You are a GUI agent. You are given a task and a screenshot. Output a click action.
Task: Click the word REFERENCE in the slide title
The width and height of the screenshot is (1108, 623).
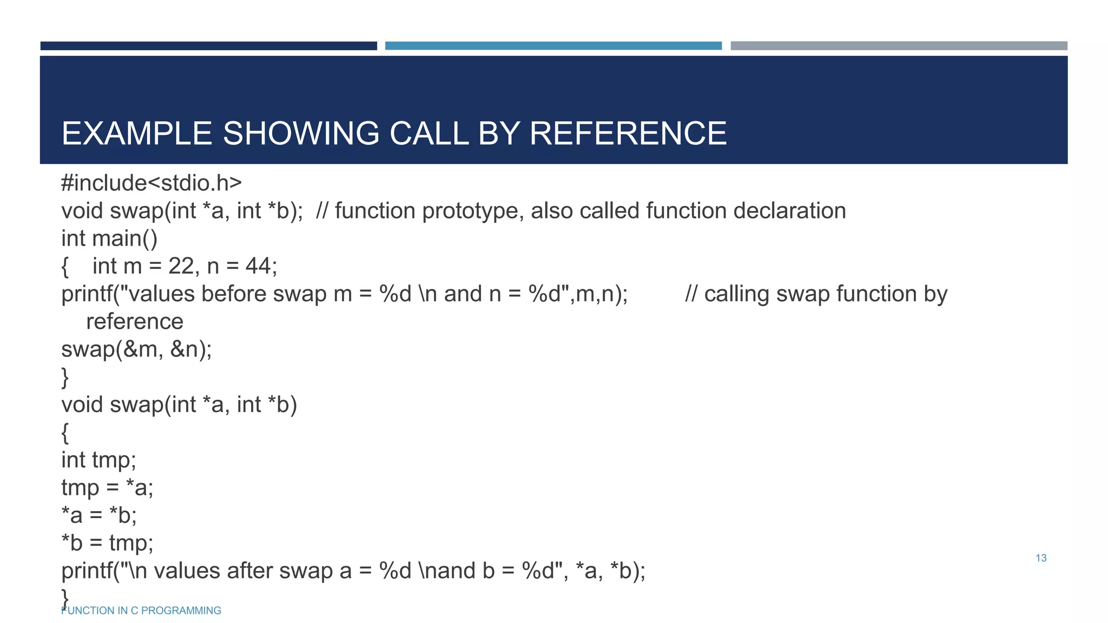tap(628, 133)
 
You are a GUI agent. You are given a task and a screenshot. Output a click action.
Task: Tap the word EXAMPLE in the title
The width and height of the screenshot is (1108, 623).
tap(136, 133)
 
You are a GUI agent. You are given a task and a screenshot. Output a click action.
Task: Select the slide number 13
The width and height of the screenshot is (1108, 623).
tap(1041, 558)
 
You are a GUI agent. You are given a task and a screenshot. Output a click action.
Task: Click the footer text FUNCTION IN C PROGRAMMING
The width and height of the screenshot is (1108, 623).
tap(141, 611)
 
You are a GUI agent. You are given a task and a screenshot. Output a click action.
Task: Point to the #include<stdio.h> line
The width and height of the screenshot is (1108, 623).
tap(151, 183)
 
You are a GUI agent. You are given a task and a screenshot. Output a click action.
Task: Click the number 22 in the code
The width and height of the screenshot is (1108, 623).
tap(181, 266)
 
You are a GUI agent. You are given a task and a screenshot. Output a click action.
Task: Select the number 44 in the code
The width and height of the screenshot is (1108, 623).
tap(258, 266)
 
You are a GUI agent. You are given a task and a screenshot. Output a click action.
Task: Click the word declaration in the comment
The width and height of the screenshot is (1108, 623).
tap(789, 211)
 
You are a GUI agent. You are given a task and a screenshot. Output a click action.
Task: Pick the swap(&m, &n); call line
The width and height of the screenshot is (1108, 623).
tap(136, 349)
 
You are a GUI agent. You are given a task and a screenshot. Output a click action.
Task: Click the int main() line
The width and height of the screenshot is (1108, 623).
tap(109, 238)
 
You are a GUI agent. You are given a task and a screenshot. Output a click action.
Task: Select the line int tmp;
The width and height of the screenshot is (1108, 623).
tap(98, 460)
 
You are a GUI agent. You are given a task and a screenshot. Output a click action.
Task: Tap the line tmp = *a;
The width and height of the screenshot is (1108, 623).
tap(107, 488)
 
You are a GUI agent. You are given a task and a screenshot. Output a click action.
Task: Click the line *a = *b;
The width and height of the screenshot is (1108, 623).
tap(99, 515)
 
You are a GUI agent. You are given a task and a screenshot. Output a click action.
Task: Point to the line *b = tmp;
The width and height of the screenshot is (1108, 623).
tap(107, 543)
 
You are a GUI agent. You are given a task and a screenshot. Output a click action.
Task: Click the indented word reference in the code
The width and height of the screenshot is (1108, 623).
tap(135, 322)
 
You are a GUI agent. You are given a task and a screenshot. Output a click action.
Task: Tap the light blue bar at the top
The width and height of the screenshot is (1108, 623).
tap(553, 46)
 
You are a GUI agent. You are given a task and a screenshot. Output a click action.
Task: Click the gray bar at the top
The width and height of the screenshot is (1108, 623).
tap(899, 46)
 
